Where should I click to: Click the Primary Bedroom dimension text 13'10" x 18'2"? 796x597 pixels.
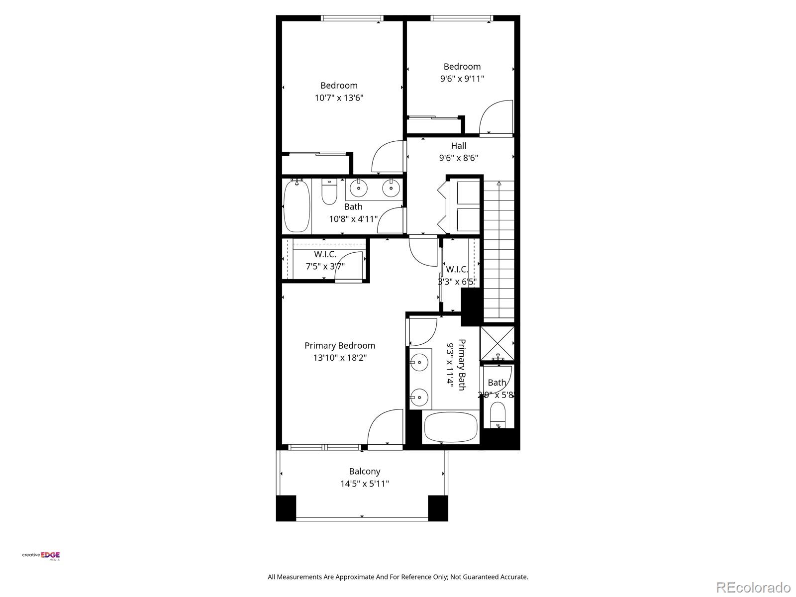340,358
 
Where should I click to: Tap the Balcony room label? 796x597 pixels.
364,471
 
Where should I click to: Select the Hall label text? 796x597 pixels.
458,146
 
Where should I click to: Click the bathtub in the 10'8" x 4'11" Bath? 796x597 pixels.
297,206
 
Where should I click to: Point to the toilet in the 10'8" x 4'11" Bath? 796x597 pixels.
329,192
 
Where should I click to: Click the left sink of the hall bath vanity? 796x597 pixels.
358,188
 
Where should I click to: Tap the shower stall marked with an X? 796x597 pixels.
497,343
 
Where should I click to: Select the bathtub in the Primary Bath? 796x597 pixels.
450,427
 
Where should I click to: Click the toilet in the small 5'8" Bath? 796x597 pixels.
497,414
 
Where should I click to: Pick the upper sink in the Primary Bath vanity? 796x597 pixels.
419,362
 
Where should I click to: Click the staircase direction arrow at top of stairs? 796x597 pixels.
499,184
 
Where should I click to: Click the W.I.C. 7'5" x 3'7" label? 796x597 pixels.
325,260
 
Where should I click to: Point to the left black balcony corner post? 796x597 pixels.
286,508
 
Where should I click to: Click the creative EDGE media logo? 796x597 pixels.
41,556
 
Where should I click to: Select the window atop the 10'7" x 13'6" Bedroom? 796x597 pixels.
352,18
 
